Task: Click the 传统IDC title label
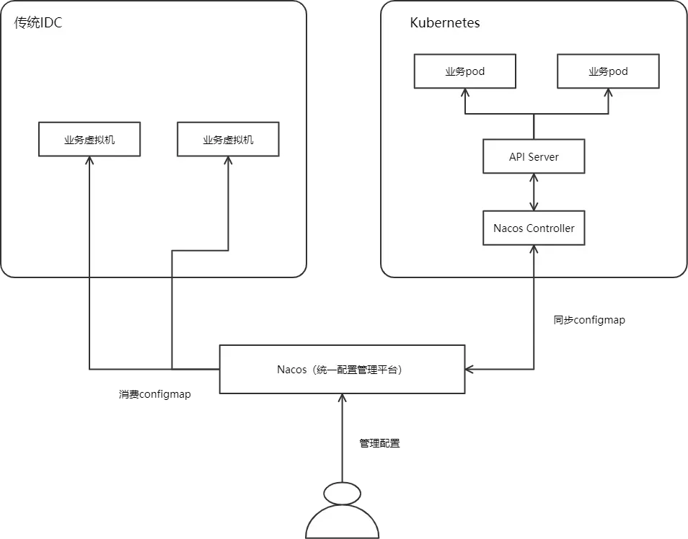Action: [x=38, y=22]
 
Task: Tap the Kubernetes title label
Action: [x=445, y=23]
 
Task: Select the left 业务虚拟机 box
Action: [x=89, y=139]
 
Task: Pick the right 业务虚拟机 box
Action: [x=228, y=139]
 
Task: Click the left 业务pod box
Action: [x=465, y=71]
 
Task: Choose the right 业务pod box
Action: [x=608, y=71]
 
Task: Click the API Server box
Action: [x=534, y=156]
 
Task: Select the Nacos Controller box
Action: [x=534, y=228]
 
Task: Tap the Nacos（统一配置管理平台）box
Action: [x=343, y=369]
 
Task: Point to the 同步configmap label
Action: [x=589, y=320]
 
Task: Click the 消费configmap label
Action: [x=155, y=394]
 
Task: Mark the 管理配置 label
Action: [x=379, y=443]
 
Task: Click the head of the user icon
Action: [x=343, y=494]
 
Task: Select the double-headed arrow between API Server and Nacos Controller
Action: [x=534, y=192]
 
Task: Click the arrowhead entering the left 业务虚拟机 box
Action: [x=89, y=160]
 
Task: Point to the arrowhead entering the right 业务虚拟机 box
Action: [x=228, y=160]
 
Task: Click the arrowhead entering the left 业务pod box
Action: [x=465, y=92]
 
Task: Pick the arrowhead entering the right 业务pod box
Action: [x=608, y=92]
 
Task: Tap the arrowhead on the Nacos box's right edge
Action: [x=469, y=369]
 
